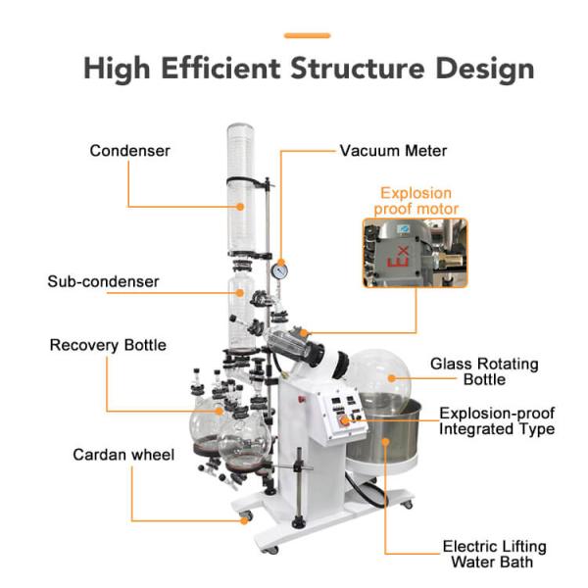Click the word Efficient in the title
[x=220, y=68]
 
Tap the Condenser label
[x=129, y=151]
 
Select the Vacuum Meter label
[x=393, y=151]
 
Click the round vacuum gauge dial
[x=280, y=271]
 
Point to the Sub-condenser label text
[x=103, y=281]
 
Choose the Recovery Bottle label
[x=108, y=345]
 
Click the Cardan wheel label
[x=123, y=455]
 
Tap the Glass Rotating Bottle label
[x=484, y=371]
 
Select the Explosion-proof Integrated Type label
[x=497, y=421]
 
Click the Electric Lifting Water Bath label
[x=494, y=555]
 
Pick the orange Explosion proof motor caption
[x=416, y=201]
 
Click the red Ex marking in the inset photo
[x=398, y=257]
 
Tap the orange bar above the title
[x=307, y=35]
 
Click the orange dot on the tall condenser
[x=240, y=207]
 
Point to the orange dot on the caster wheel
[x=244, y=520]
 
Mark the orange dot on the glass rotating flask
[x=391, y=378]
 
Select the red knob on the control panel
[x=344, y=421]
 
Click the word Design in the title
[x=485, y=69]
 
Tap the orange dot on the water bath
[x=385, y=442]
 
